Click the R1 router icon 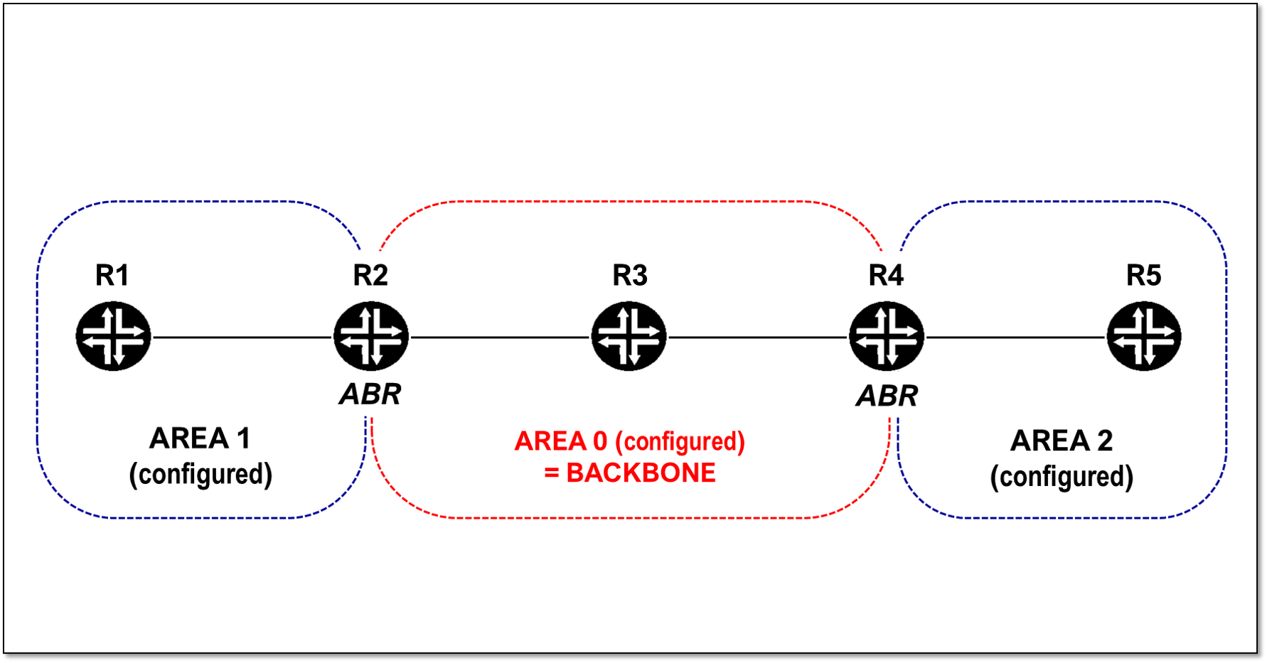pos(113,336)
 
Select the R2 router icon pos(371,336)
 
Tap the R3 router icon pos(629,336)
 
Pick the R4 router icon pos(887,336)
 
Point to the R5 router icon pos(1144,336)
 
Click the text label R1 pos(112,275)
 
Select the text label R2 pos(370,275)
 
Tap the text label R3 pos(630,275)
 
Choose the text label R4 pos(886,275)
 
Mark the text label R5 pos(1143,275)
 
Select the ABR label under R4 pos(887,396)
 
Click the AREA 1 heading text pos(200,438)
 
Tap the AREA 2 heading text pos(1062,441)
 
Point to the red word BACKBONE pos(641,473)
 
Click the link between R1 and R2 pos(242,337)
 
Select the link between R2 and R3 pos(500,337)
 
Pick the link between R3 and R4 pos(758,337)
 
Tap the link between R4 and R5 pos(1015,337)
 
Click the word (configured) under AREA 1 pos(201,474)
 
